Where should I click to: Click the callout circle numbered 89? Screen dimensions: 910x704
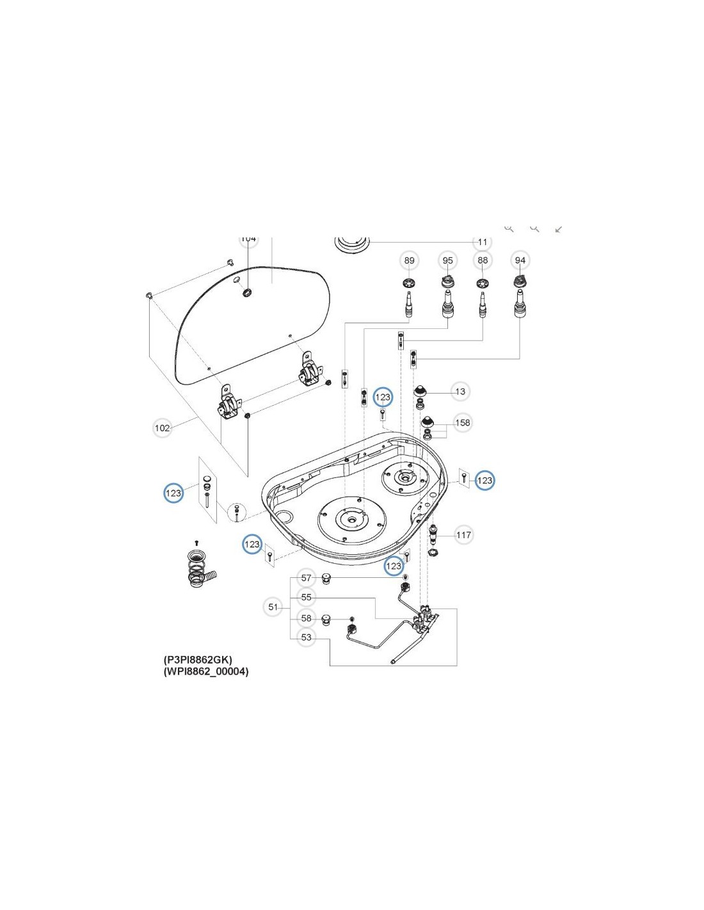click(409, 260)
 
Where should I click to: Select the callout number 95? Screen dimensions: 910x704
click(447, 260)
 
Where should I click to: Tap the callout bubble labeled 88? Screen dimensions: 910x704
click(483, 260)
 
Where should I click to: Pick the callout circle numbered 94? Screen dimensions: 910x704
click(520, 260)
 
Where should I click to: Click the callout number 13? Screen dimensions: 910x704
click(460, 392)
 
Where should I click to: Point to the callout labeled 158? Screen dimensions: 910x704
click(462, 422)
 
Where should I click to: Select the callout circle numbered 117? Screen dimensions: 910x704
click(463, 535)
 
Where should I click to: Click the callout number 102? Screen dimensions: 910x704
click(163, 428)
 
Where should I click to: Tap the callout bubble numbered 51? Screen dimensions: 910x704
click(273, 607)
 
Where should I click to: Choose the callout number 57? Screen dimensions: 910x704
click(307, 578)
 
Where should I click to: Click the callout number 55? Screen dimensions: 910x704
click(307, 597)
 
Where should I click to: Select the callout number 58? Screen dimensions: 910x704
click(307, 618)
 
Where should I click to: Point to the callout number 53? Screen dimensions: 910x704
click(307, 637)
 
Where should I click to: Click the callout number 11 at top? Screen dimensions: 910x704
click(483, 242)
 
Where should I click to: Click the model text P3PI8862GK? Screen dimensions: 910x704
click(198, 659)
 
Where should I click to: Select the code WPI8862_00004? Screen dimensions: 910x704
click(206, 671)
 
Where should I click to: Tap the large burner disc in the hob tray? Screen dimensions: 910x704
click(351, 519)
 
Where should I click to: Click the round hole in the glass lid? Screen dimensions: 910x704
click(247, 293)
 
